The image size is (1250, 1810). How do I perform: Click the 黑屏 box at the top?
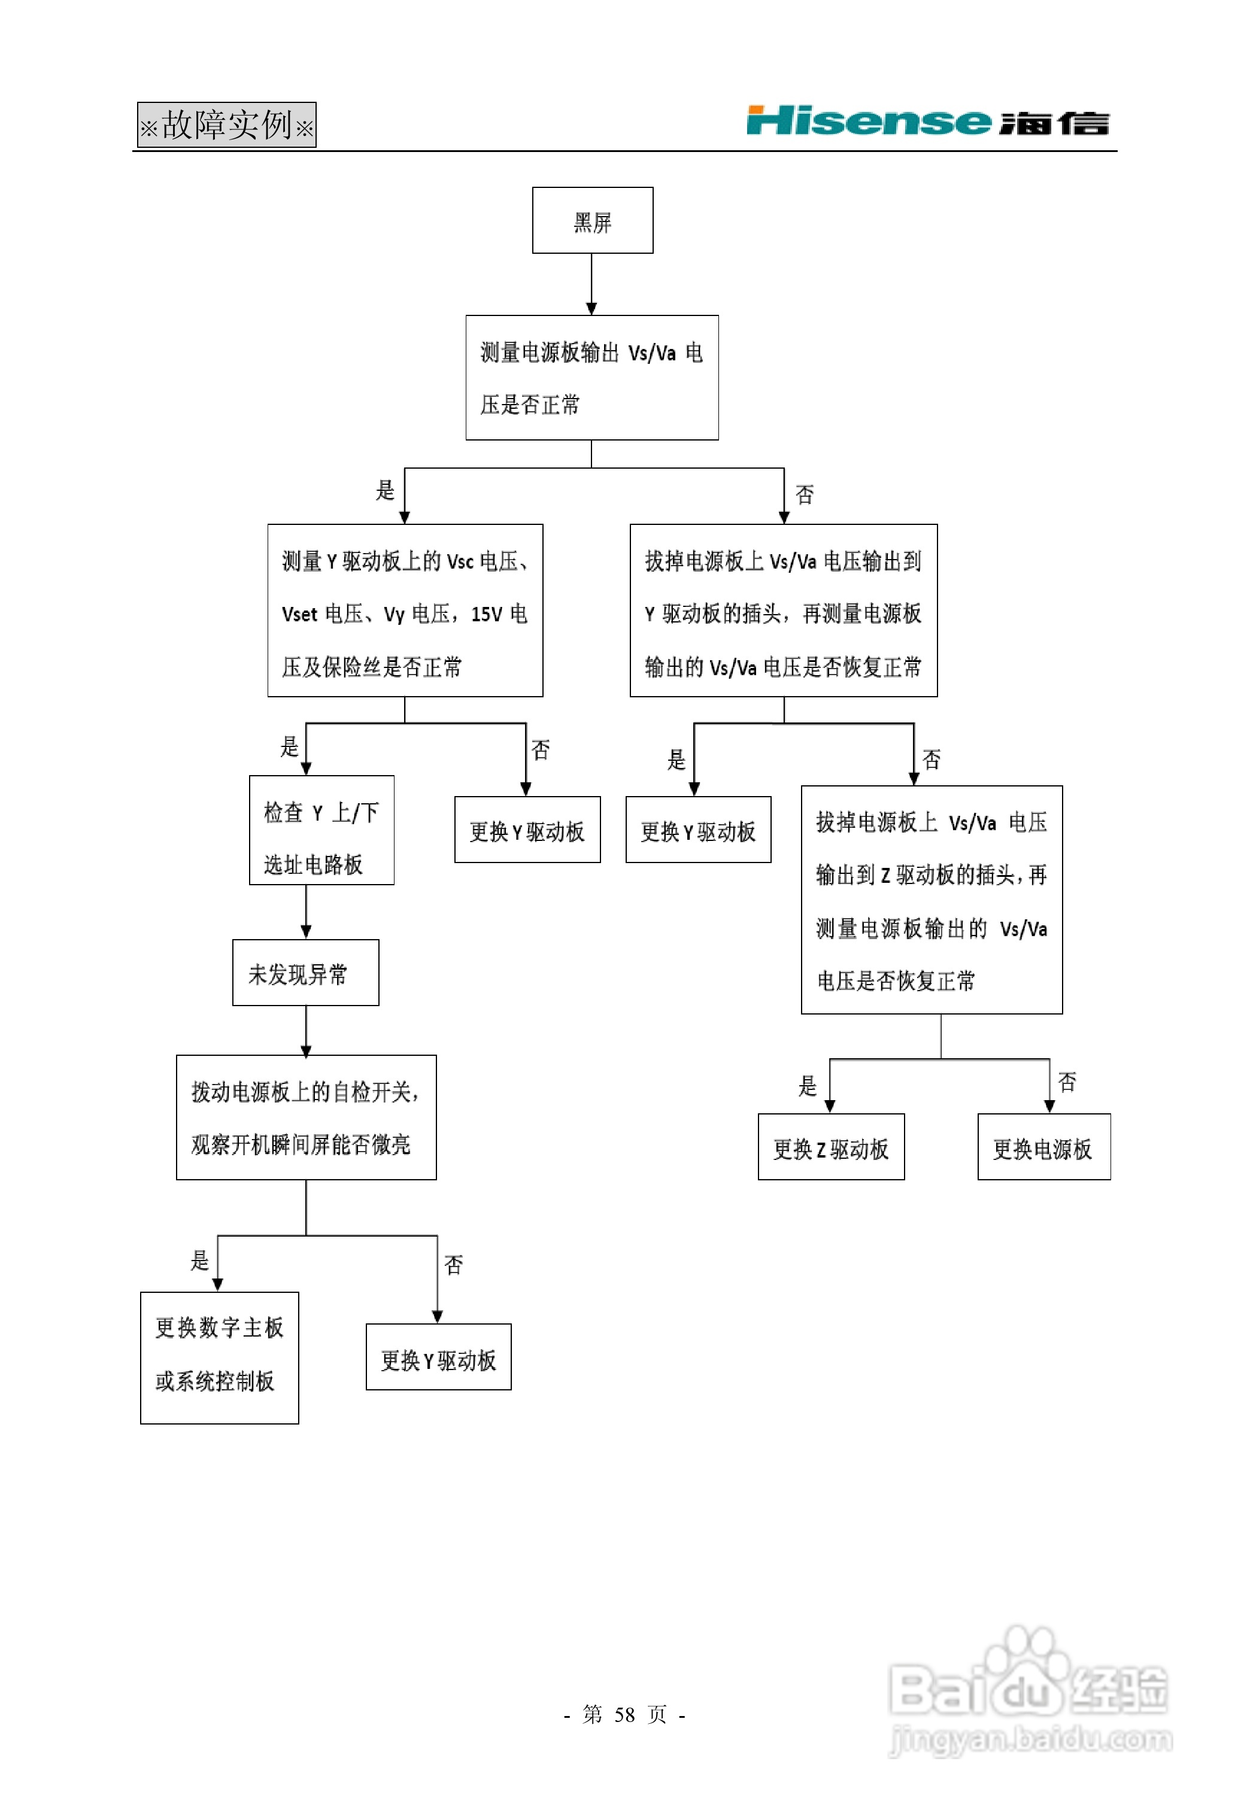(592, 220)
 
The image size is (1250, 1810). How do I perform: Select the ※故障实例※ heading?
(226, 124)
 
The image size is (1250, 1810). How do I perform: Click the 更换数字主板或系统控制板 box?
(219, 1357)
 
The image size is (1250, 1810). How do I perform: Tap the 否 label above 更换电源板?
(1067, 1082)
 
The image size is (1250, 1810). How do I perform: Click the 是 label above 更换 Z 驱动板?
(808, 1086)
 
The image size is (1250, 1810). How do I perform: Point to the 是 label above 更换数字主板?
(200, 1261)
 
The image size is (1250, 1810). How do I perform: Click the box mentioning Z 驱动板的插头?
(932, 900)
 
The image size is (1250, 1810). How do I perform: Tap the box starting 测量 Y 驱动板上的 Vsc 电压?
(405, 611)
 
